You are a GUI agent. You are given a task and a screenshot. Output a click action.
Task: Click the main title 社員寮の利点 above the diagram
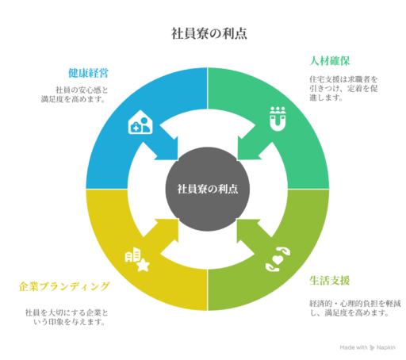[209, 33]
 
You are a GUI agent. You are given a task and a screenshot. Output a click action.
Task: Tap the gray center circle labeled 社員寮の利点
[208, 189]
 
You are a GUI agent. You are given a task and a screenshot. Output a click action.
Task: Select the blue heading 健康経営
[89, 73]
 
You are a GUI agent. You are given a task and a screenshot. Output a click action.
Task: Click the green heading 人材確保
[330, 61]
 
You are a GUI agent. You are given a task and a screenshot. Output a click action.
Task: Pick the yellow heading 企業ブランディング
[63, 286]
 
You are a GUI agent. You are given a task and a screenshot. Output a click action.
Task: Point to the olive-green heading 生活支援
[330, 281]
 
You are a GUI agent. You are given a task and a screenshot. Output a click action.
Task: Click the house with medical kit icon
[140, 122]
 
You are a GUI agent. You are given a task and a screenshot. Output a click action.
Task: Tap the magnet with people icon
[278, 119]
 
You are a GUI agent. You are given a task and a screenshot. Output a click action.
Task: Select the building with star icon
[137, 259]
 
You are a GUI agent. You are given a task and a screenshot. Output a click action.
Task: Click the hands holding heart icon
[278, 259]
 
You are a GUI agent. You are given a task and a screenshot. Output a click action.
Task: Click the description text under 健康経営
[75, 94]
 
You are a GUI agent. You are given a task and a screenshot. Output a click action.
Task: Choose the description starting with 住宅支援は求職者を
[343, 89]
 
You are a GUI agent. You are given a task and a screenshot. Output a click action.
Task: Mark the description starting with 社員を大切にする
[67, 317]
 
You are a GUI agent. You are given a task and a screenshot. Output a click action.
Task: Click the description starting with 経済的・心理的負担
[355, 308]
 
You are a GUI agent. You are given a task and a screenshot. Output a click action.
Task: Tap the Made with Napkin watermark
[367, 347]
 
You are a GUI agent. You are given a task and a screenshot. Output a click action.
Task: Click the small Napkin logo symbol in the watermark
[372, 347]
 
